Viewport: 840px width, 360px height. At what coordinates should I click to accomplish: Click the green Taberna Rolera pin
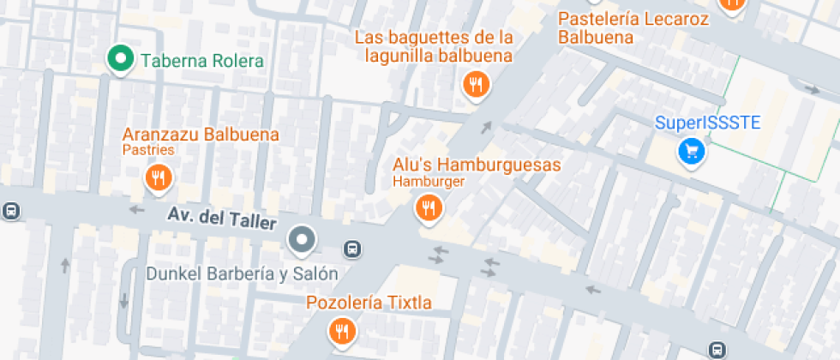pyautogui.click(x=120, y=59)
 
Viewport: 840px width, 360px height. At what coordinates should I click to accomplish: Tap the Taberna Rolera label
pyautogui.click(x=202, y=61)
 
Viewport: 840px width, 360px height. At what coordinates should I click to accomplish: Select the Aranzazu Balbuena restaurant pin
pyautogui.click(x=157, y=177)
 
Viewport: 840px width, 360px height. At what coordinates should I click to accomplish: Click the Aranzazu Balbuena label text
pyautogui.click(x=201, y=135)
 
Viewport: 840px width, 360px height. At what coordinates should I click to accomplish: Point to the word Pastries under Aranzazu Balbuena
pyautogui.click(x=148, y=150)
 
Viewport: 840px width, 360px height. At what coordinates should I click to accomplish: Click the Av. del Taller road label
pyautogui.click(x=222, y=219)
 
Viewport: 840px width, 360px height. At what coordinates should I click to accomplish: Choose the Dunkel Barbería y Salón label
pyautogui.click(x=242, y=274)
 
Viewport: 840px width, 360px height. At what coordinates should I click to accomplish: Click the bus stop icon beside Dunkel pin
pyautogui.click(x=351, y=249)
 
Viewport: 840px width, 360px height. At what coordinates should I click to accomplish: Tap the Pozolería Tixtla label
pyautogui.click(x=369, y=303)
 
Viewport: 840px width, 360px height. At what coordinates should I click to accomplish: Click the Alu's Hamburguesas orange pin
pyautogui.click(x=428, y=207)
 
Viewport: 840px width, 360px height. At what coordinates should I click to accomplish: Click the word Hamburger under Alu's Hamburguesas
pyautogui.click(x=429, y=182)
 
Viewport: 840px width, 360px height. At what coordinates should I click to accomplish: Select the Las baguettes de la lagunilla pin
pyautogui.click(x=475, y=84)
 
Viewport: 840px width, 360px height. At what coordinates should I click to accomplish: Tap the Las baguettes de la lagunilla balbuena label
pyautogui.click(x=434, y=47)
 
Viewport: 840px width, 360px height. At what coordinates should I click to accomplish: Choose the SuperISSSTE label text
pyautogui.click(x=708, y=122)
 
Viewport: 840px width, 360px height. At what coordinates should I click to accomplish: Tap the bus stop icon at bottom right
pyautogui.click(x=716, y=349)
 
